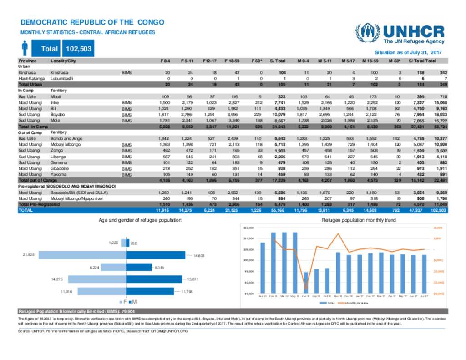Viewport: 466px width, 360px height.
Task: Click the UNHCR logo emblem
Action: click(x=368, y=33)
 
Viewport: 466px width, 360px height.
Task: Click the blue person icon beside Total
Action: click(x=25, y=48)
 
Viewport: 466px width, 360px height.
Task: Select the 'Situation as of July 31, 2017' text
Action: click(x=408, y=53)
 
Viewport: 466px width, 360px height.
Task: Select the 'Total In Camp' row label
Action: click(x=33, y=126)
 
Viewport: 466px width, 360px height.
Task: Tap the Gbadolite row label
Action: click(x=61, y=168)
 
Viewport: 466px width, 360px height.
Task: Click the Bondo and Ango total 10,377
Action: click(x=440, y=138)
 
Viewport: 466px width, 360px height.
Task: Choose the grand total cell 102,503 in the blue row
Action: click(x=440, y=210)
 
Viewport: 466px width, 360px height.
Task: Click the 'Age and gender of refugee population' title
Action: click(x=140, y=220)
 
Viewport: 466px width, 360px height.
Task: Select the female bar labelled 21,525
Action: click(x=82, y=255)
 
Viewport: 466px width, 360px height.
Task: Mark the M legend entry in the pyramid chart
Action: click(x=132, y=302)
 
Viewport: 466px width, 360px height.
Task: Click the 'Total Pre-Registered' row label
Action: click(x=39, y=205)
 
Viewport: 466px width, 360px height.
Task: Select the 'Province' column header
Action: click(x=27, y=61)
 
